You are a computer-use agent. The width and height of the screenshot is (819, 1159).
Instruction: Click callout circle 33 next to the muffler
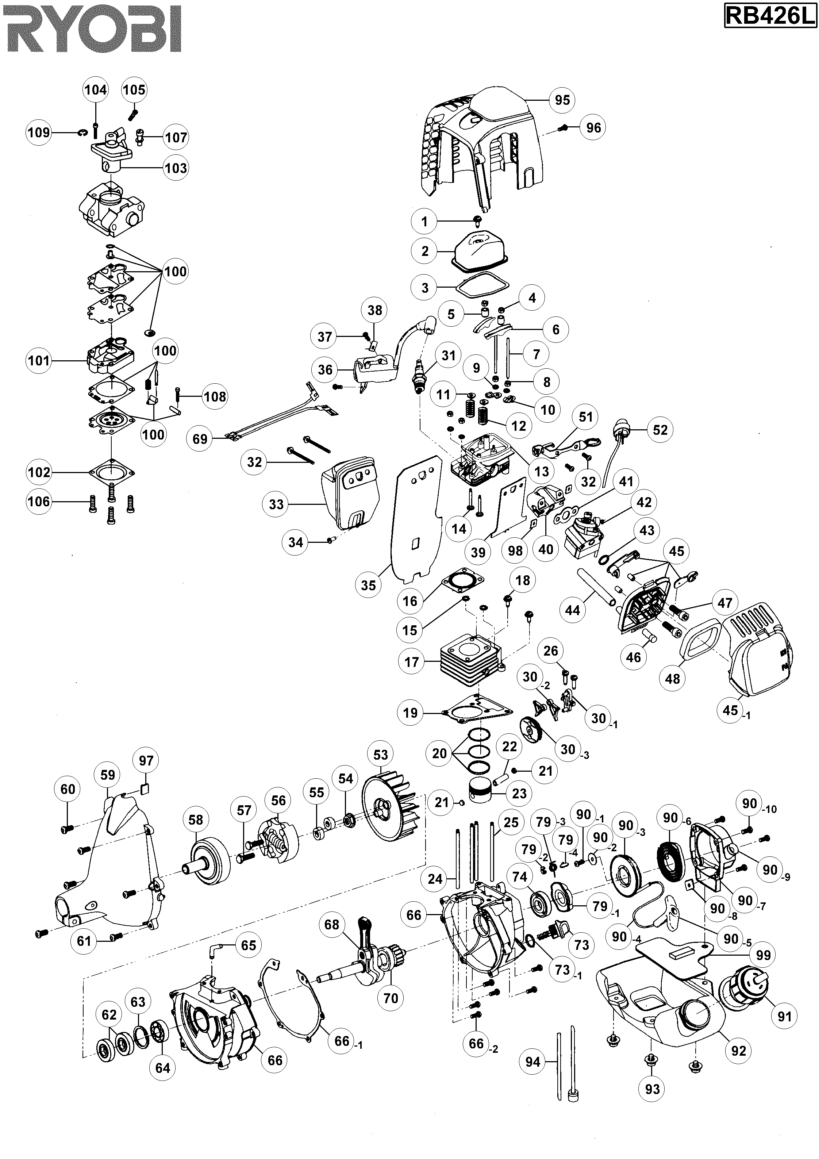click(x=276, y=504)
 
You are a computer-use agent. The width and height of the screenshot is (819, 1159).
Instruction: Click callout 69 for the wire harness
click(x=200, y=439)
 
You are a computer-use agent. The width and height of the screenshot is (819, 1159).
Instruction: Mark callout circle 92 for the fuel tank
click(x=738, y=1051)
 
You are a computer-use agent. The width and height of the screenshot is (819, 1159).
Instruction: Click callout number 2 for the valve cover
click(x=424, y=251)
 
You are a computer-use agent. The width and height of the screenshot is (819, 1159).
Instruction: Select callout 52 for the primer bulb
click(x=660, y=430)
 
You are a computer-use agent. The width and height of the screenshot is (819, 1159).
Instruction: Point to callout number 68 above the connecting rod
click(x=332, y=924)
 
